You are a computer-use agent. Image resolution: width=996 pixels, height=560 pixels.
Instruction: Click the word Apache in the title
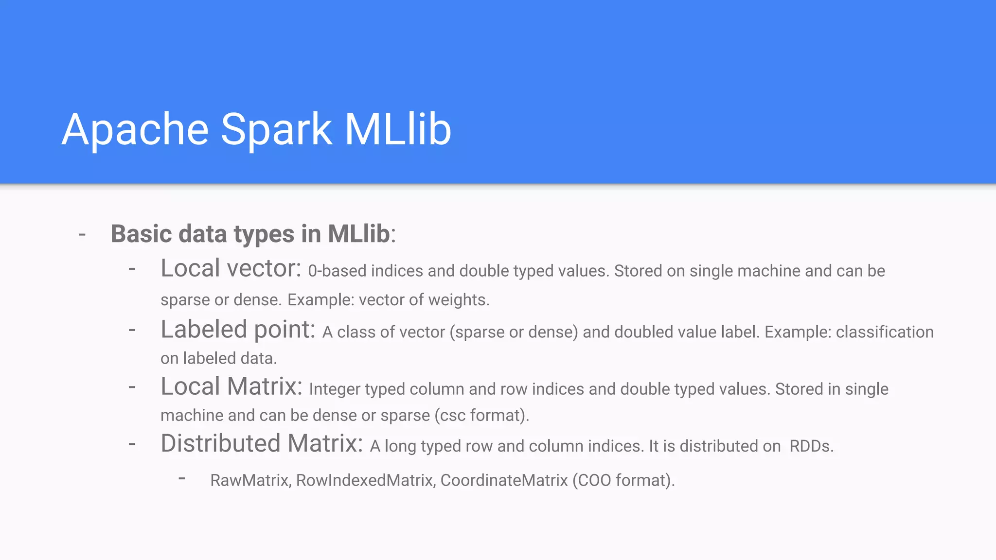(135, 129)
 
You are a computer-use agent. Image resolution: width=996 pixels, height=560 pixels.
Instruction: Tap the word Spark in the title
(276, 129)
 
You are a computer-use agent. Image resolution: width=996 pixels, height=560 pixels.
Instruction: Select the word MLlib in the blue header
(398, 129)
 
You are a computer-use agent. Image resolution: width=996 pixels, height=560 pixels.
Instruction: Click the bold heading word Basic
(142, 234)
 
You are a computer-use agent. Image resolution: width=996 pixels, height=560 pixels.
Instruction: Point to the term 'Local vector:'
(231, 268)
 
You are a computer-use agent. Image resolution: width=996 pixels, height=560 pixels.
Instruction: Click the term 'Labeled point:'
(238, 330)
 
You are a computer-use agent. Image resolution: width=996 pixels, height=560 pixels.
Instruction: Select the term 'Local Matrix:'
(231, 386)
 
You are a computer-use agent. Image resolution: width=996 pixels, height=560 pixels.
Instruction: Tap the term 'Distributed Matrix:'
(262, 443)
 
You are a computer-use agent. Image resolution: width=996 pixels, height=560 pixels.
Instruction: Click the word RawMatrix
(250, 480)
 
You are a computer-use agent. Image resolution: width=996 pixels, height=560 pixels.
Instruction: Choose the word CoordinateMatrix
(504, 480)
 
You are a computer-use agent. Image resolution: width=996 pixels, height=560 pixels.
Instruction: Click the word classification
(885, 332)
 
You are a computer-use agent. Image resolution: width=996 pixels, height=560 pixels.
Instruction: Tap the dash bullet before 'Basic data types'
(82, 235)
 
